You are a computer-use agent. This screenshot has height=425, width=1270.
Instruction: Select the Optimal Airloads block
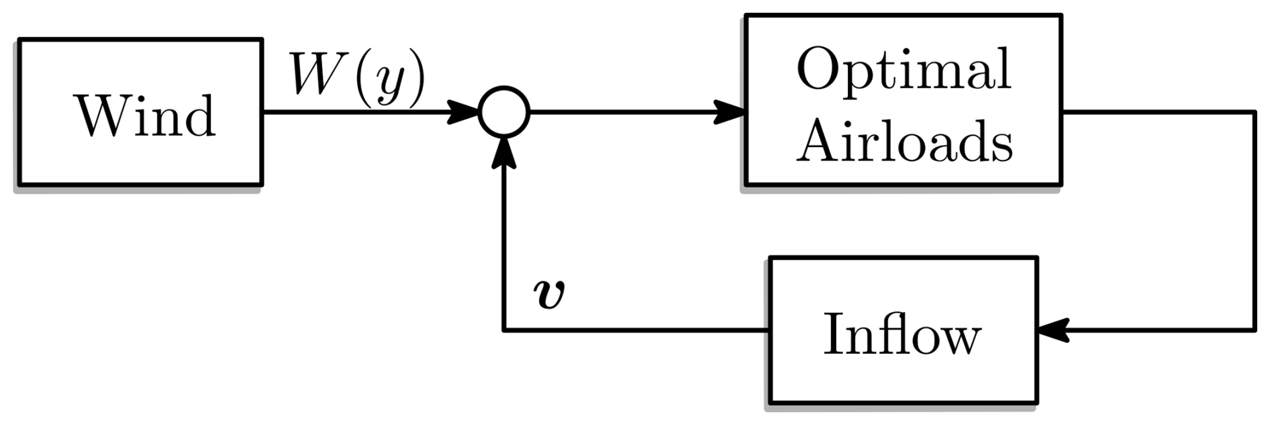click(x=903, y=99)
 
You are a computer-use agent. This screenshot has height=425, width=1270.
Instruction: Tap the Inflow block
click(x=903, y=330)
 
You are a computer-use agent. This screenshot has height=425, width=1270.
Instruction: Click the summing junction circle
click(x=503, y=112)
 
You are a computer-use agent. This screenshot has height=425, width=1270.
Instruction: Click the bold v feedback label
click(x=548, y=294)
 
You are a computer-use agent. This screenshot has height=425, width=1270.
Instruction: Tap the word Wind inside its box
click(x=147, y=115)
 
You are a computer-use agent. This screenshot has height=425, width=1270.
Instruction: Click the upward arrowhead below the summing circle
click(x=503, y=152)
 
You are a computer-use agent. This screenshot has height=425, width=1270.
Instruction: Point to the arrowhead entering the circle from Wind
click(x=463, y=112)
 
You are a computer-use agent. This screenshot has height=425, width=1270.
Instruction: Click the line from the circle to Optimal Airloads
click(x=618, y=112)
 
